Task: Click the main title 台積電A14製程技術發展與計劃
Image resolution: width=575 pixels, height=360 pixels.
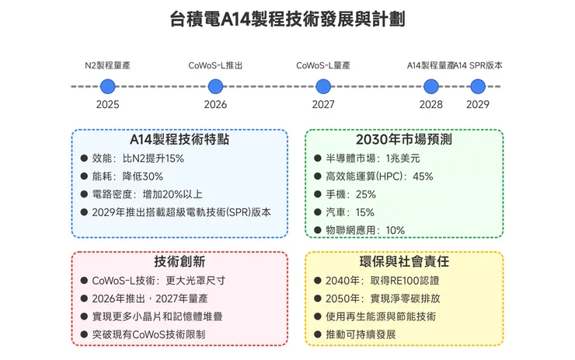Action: [287, 19]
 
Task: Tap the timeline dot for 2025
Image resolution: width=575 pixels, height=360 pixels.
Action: [107, 86]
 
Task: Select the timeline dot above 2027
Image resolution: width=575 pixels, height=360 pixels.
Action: [323, 86]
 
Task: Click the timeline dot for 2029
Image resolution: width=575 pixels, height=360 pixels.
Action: [478, 86]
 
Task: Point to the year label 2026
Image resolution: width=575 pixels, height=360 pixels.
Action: [215, 105]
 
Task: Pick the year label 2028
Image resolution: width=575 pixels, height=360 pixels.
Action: [431, 105]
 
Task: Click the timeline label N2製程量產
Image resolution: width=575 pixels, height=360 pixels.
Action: [107, 65]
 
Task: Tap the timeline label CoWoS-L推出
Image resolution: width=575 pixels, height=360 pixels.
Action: [215, 65]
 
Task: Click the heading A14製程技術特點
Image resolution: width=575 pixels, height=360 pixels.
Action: [179, 140]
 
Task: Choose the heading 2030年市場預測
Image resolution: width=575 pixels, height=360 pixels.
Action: [404, 140]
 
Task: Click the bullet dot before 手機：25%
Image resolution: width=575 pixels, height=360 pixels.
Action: [317, 194]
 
